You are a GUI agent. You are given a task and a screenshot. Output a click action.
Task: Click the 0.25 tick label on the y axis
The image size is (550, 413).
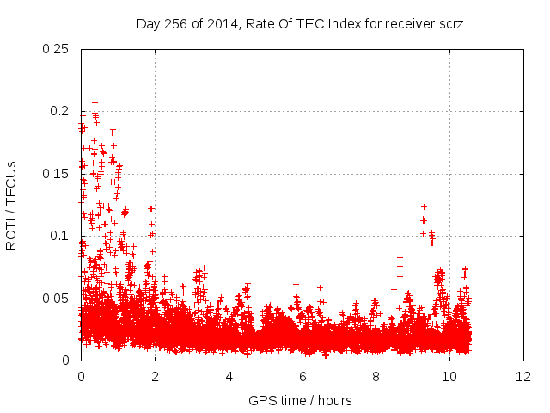pyautogui.click(x=57, y=48)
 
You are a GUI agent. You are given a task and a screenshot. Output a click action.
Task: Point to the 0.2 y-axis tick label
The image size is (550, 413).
pyautogui.click(x=60, y=111)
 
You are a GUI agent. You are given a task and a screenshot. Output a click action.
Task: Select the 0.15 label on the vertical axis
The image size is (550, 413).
pyautogui.click(x=57, y=174)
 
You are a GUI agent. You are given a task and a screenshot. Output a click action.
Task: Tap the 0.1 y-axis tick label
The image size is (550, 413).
pyautogui.click(x=60, y=236)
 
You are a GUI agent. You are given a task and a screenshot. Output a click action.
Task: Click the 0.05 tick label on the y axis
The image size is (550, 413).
pyautogui.click(x=57, y=299)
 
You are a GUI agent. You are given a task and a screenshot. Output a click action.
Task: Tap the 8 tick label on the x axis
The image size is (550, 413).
pyautogui.click(x=376, y=377)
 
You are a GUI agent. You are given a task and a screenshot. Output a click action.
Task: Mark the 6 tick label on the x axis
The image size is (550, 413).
pyautogui.click(x=302, y=377)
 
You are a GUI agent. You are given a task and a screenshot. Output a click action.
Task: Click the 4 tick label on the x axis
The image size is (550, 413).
pyautogui.click(x=229, y=377)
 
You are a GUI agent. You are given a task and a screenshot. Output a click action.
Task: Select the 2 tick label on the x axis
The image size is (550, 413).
pyautogui.click(x=155, y=377)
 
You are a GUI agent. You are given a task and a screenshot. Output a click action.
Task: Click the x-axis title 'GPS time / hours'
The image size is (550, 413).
pyautogui.click(x=300, y=400)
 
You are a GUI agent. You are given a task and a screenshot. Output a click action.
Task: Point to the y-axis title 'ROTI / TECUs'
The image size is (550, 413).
pyautogui.click(x=11, y=205)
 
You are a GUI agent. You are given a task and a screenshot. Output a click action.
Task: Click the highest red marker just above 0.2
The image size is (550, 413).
pyautogui.click(x=95, y=102)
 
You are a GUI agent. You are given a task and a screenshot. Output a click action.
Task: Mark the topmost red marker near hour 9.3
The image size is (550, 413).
pyautogui.click(x=424, y=206)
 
